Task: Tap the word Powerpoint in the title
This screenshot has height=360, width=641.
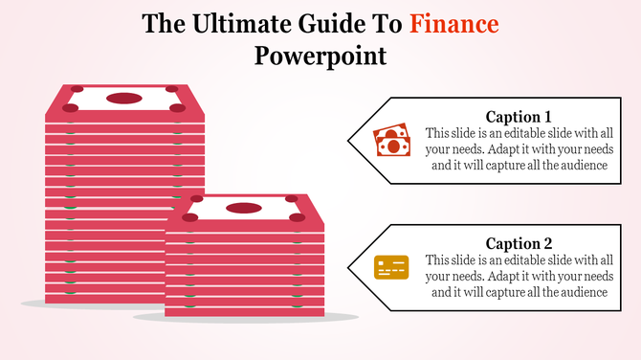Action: tap(320, 56)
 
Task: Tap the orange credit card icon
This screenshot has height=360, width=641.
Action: tap(390, 267)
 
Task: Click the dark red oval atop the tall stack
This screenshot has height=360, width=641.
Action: tap(124, 98)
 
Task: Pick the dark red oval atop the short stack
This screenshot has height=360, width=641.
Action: tap(244, 208)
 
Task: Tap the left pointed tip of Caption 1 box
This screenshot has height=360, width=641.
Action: tap(349, 141)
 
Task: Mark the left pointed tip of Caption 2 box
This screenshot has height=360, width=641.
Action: tap(349, 267)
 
